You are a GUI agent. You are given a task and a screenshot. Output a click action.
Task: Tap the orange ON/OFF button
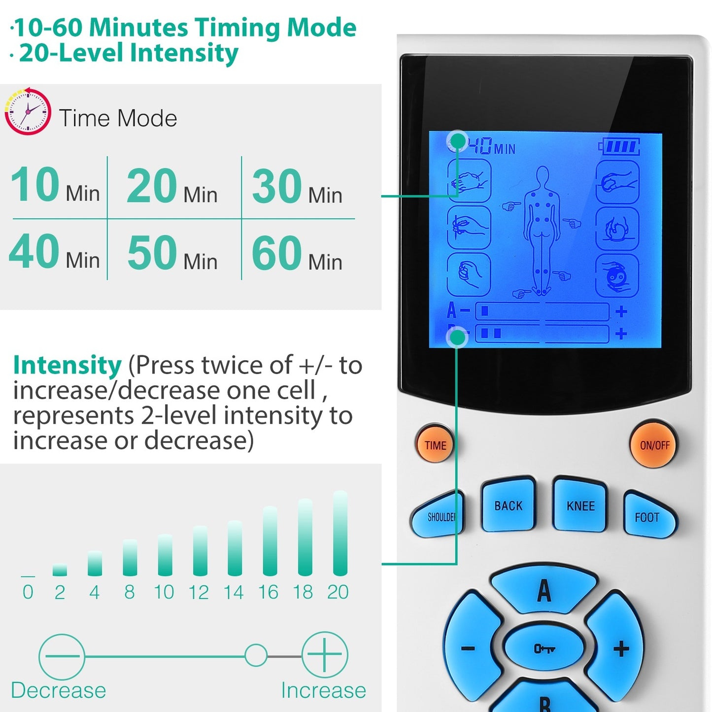pos(654,445)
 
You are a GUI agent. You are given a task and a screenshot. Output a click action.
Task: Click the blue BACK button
pos(509,506)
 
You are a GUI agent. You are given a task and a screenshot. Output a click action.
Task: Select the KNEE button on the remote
pos(580,506)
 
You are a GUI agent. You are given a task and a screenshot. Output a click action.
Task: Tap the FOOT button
pos(647,516)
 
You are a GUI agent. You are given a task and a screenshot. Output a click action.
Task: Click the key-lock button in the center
pos(544,648)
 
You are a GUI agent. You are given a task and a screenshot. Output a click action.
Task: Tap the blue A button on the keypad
pos(544,589)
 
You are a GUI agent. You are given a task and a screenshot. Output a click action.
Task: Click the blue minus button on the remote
pos(469,648)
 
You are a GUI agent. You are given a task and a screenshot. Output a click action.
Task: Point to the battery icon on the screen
pos(619,146)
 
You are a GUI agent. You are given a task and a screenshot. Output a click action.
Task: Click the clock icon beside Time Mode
pos(28,112)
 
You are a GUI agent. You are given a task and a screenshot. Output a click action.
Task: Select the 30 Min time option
pos(297,187)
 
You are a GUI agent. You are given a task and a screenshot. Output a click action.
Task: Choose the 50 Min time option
pos(172,253)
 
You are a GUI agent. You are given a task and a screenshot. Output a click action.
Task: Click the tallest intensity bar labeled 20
pos(340,533)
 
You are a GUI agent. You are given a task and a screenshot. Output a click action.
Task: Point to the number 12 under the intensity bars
pos(199,592)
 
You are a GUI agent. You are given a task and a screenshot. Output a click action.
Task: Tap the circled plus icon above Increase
pos(324,655)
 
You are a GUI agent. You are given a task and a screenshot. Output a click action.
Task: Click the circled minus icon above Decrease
pos(62,656)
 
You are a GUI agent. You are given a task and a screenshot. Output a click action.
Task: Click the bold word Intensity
pos(67,365)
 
